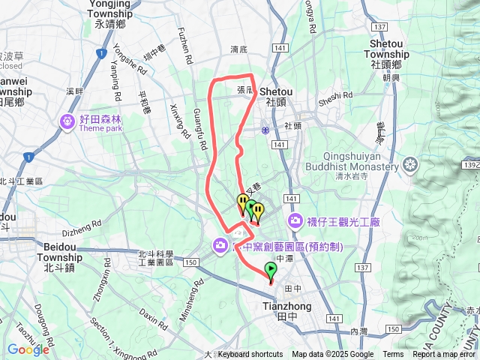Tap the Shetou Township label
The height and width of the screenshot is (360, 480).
click(x=389, y=54)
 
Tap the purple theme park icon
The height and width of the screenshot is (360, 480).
click(x=68, y=121)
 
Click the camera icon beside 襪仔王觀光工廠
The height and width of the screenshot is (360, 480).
click(x=295, y=220)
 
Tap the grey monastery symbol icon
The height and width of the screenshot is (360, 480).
click(x=411, y=163)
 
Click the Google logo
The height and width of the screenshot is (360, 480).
click(x=28, y=349)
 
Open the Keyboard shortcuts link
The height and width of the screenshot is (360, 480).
click(x=250, y=355)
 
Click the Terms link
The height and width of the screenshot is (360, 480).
click(x=393, y=355)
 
